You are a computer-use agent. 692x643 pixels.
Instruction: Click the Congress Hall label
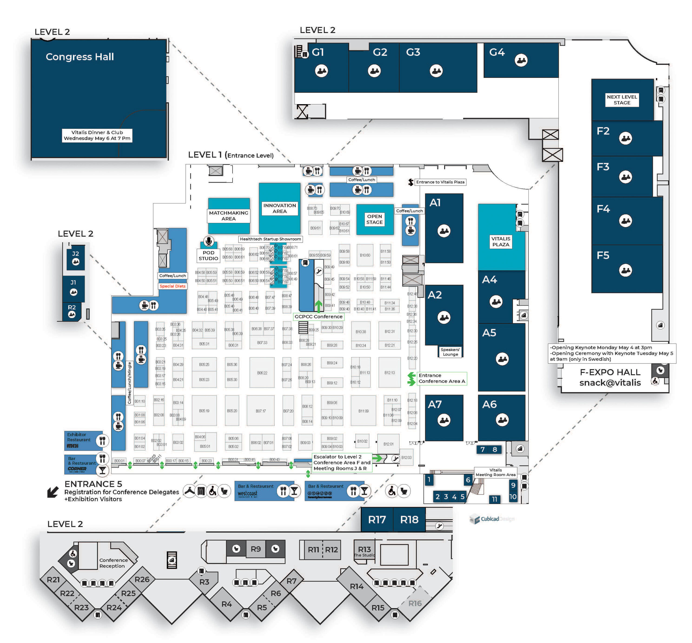coord(80,57)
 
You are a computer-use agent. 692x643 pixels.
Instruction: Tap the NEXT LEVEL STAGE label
coord(622,100)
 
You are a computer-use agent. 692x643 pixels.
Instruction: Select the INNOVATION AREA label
coord(280,208)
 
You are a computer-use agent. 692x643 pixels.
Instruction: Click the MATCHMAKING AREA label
coord(228,216)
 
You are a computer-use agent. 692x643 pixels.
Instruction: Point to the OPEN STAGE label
coord(374,219)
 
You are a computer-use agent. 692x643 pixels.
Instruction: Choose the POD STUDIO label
coord(208,255)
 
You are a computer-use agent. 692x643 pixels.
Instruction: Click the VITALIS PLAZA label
coord(501,242)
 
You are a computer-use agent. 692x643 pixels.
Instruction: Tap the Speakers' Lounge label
coord(450,352)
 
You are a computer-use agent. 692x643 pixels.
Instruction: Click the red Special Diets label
coord(172,286)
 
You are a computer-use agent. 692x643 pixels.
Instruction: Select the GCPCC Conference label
coord(318,316)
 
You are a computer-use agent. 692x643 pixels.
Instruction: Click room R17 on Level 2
coord(377,519)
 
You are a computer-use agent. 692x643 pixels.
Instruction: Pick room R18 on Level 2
coord(409,519)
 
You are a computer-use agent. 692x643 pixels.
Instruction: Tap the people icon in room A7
coord(444,420)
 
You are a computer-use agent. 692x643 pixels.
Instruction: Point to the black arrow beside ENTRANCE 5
coord(53,492)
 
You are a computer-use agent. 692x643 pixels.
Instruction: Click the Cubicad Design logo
coord(491,519)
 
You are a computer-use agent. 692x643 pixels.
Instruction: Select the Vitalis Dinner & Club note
coord(97,135)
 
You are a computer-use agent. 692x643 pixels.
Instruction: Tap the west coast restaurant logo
coord(248,493)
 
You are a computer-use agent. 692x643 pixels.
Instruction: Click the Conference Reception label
coord(113,563)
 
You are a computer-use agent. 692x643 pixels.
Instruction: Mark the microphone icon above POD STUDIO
coord(209,241)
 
